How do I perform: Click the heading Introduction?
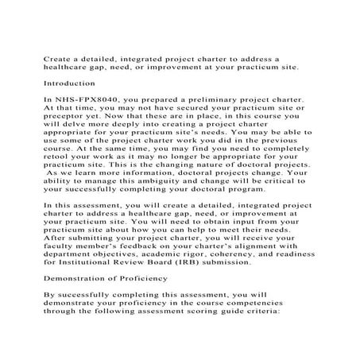(x=72, y=82)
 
